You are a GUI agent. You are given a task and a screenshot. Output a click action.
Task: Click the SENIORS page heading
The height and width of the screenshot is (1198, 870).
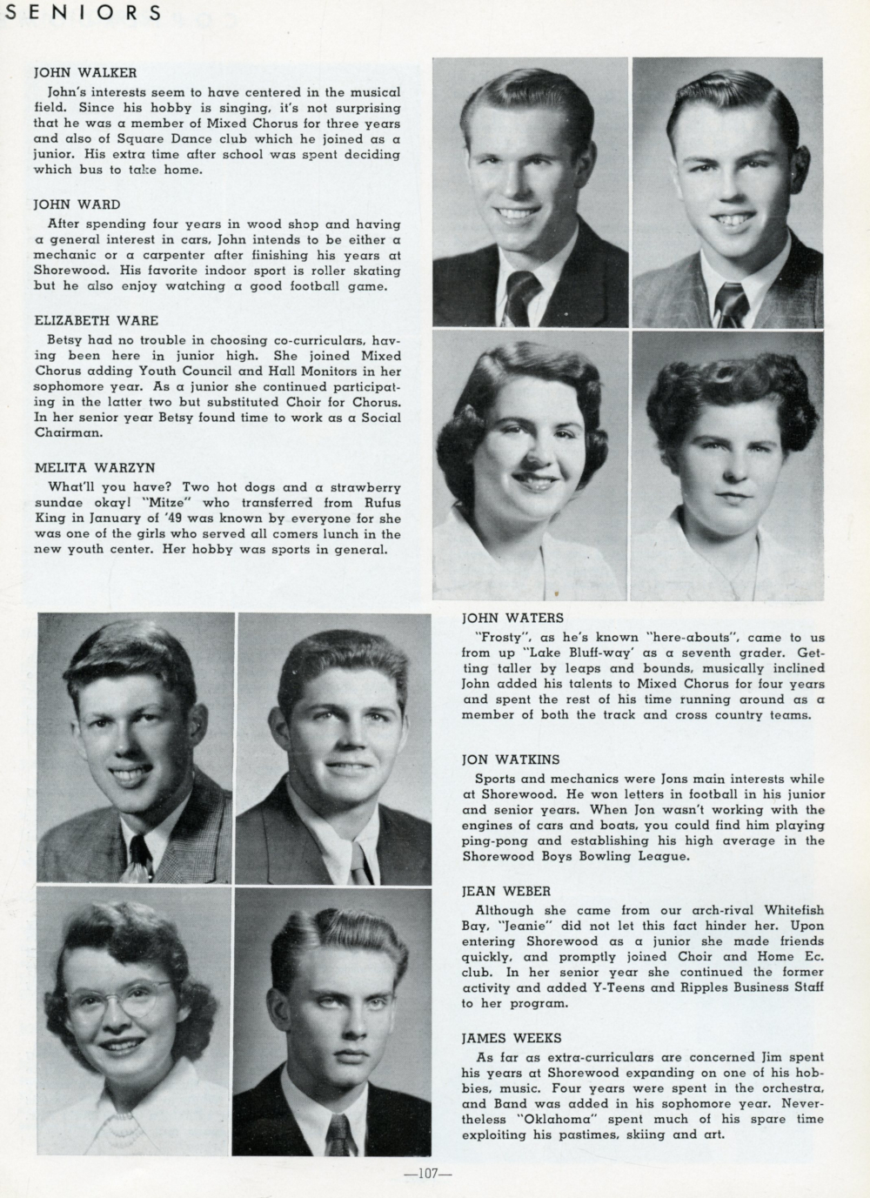[82, 12]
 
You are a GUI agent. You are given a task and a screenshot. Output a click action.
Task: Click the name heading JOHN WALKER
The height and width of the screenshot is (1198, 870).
[84, 72]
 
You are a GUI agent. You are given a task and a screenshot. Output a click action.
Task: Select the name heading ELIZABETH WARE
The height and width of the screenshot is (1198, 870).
[96, 320]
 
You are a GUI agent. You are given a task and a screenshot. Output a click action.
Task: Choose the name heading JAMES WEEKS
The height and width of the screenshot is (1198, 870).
[512, 1038]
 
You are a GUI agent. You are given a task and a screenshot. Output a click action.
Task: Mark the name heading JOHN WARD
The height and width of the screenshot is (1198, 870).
[78, 204]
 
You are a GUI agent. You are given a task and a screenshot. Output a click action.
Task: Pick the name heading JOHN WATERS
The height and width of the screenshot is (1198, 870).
[512, 618]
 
